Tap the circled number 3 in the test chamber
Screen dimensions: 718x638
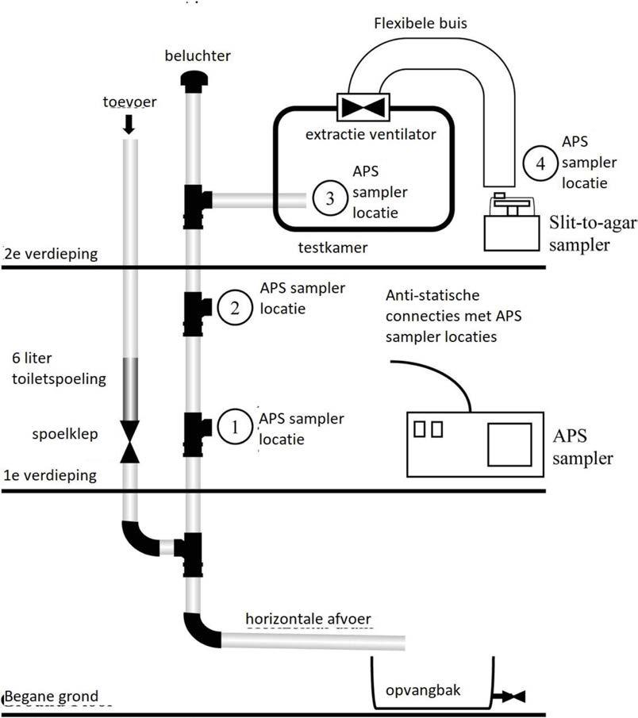click(x=328, y=199)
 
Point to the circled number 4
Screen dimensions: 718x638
click(x=540, y=164)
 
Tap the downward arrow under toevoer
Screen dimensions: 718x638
click(x=129, y=125)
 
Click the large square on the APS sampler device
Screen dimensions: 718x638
click(x=509, y=443)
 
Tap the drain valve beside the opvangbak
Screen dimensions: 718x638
click(x=511, y=697)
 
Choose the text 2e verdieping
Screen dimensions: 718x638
click(x=50, y=255)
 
